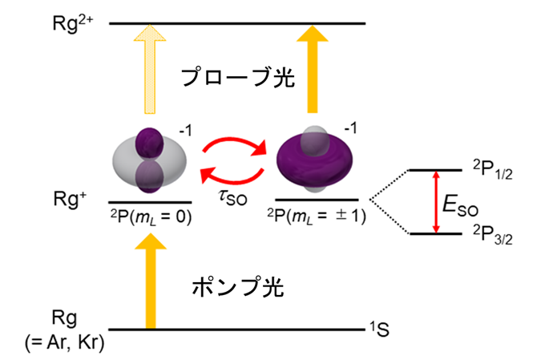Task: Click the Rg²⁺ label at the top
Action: pos(72,23)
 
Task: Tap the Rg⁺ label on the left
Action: pos(70,199)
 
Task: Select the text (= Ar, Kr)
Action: pos(65,342)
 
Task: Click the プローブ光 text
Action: pos(238,77)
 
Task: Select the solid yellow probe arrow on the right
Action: pos(313,69)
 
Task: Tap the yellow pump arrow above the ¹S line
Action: pos(151,281)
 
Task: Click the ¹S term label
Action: pos(380,329)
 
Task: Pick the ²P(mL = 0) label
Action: pos(151,217)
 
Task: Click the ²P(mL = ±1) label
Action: pos(317,216)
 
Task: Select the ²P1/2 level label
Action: pos(492,169)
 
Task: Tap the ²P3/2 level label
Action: pos(492,235)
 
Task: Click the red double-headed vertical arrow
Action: pos(436,202)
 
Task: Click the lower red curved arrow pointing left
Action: pos(233,180)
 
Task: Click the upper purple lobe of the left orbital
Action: pos(149,142)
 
